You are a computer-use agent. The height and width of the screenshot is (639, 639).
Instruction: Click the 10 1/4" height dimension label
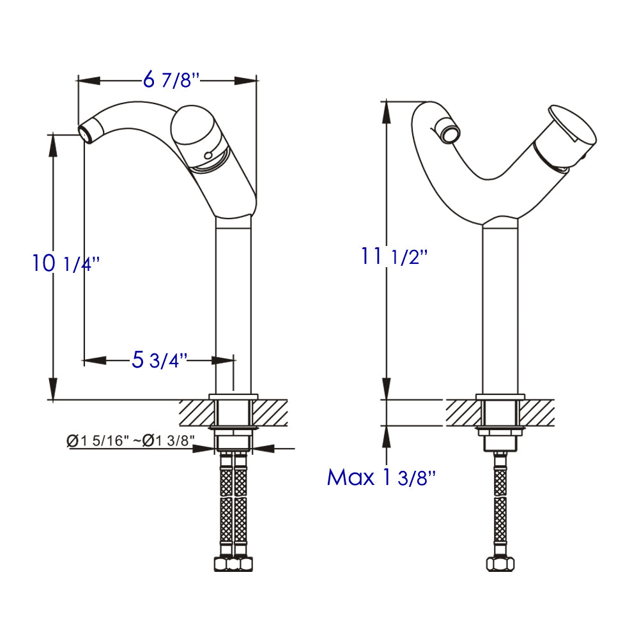click(66, 263)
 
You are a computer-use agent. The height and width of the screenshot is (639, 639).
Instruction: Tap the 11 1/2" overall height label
click(393, 257)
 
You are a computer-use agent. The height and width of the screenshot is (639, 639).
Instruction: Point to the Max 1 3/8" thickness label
click(381, 477)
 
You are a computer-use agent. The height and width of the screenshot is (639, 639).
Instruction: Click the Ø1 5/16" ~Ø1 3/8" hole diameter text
click(130, 440)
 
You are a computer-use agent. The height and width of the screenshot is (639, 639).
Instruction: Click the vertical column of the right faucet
click(500, 307)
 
